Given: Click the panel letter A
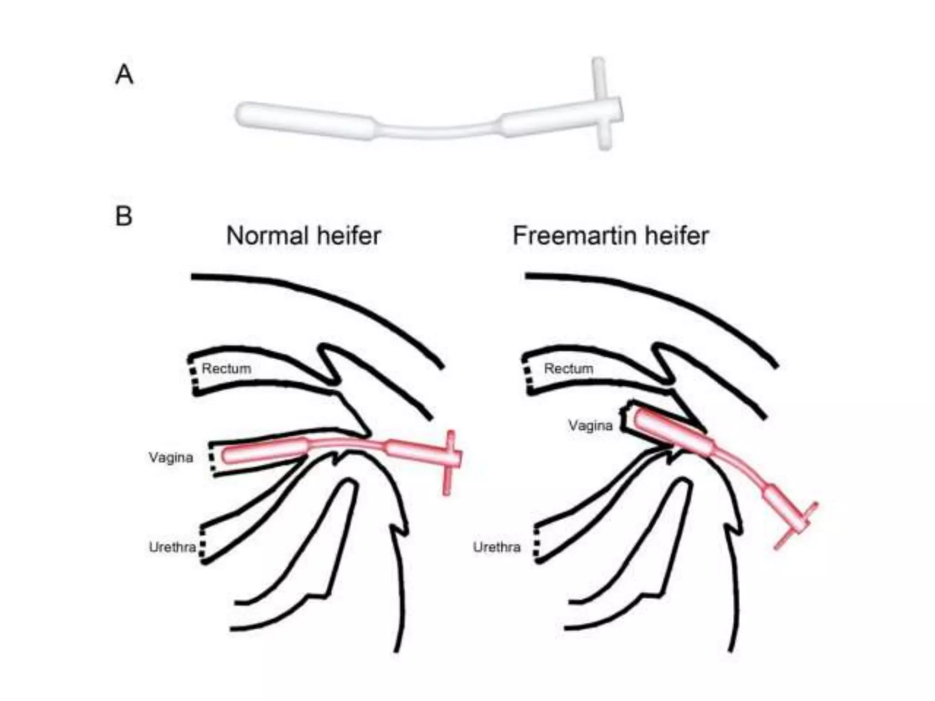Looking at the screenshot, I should click(124, 74).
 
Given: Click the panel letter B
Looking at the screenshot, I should click(124, 216).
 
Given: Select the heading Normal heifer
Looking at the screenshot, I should click(303, 236).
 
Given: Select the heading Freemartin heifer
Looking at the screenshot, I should click(610, 236).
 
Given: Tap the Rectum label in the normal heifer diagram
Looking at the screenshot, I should click(226, 369).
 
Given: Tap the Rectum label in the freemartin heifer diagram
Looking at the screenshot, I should click(568, 369).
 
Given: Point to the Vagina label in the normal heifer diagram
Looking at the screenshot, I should click(171, 457).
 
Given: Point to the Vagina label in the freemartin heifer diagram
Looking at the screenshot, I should click(590, 426).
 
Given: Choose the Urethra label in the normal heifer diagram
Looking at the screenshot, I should click(172, 547).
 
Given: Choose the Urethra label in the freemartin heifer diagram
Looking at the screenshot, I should click(496, 547).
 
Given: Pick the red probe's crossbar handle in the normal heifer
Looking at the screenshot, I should click(449, 461).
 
